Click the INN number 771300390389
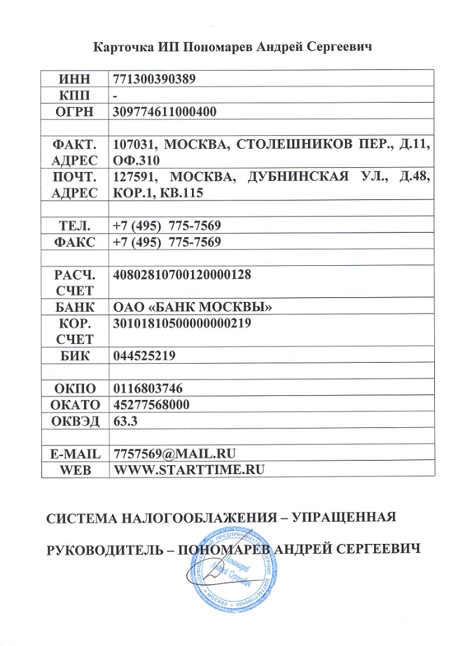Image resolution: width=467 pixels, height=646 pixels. point(154,79)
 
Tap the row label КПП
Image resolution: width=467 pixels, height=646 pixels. point(75,95)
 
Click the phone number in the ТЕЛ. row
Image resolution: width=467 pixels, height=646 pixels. point(167,225)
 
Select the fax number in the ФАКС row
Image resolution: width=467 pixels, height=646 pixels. point(167,241)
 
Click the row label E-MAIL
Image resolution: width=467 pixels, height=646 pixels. point(75,453)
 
